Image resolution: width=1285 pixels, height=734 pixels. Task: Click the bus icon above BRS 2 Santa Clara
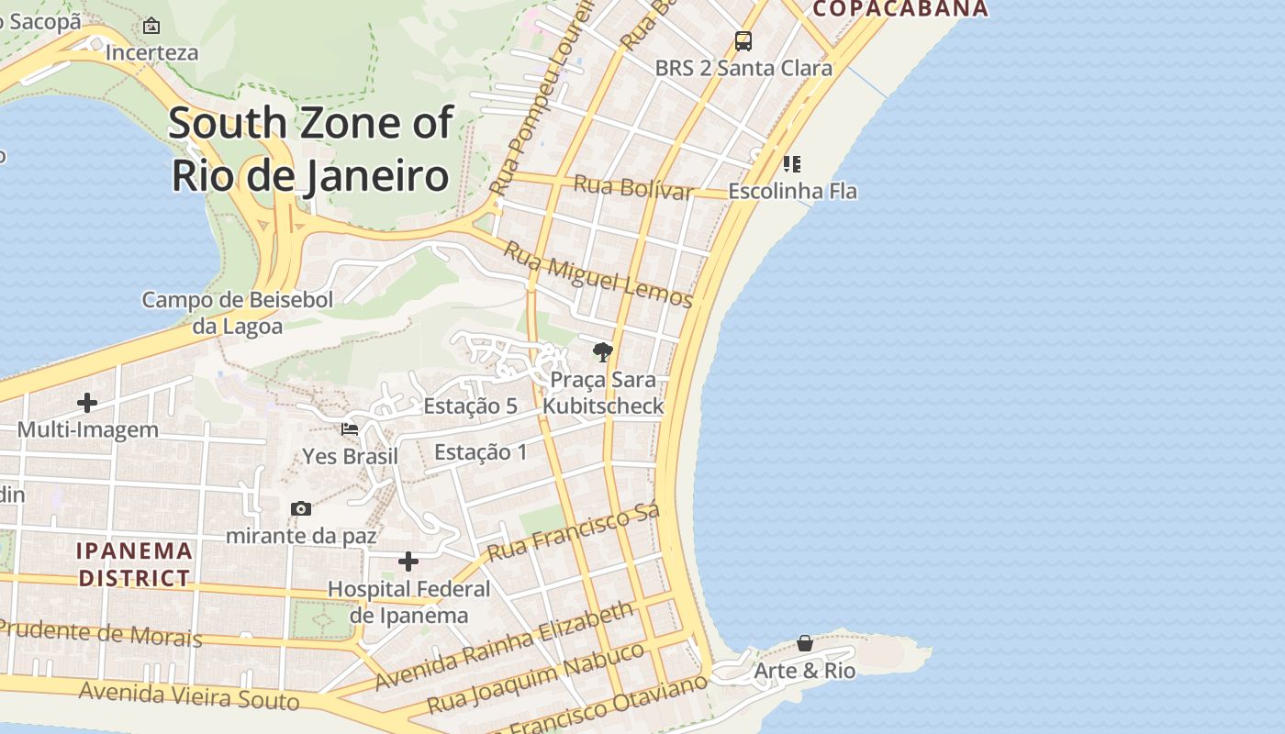[743, 41]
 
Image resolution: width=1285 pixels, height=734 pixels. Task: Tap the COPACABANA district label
[900, 9]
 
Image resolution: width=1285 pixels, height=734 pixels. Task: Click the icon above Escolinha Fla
[792, 164]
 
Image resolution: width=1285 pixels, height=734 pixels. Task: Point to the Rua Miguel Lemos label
[598, 273]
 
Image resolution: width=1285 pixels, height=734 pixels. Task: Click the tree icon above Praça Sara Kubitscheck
[603, 352]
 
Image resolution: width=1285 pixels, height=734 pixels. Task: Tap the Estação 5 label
[471, 406]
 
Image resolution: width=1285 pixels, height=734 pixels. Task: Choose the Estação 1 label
[481, 451]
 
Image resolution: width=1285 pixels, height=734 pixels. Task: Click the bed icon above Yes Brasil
[350, 428]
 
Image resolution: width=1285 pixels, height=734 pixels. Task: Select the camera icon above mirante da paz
[301, 508]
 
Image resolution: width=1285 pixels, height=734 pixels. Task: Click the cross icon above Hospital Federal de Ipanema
[408, 562]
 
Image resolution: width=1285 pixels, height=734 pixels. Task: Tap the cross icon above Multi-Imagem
[87, 402]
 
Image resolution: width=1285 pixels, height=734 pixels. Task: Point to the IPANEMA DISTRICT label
[135, 564]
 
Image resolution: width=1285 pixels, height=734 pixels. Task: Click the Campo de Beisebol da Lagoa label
[238, 312]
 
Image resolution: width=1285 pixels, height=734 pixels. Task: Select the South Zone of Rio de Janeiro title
[310, 149]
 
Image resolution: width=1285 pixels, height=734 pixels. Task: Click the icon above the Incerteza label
[151, 26]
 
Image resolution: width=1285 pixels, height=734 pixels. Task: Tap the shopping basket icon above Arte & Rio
[805, 643]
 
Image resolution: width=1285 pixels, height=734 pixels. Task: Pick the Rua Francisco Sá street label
[574, 532]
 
